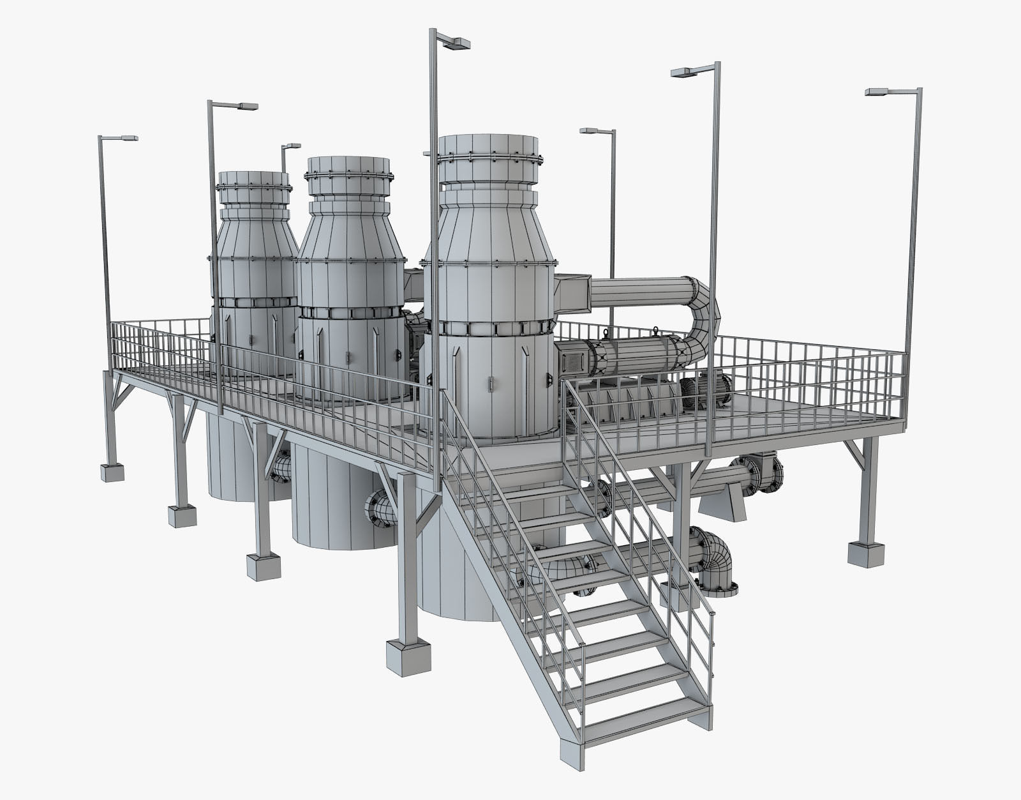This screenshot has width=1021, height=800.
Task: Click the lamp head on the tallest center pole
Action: coord(456,43)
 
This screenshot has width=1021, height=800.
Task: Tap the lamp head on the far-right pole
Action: coord(881,93)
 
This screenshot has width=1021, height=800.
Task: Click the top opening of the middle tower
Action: coord(348,163)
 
